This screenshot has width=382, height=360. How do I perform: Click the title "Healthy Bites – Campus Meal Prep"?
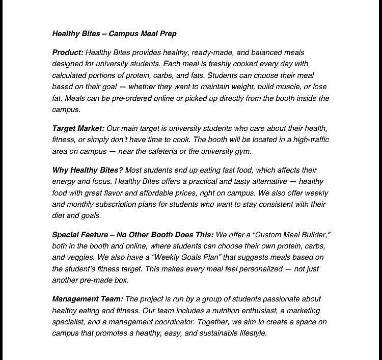[114, 34]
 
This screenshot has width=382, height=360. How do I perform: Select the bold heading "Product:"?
[68, 52]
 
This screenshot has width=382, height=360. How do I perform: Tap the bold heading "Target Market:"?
[78, 128]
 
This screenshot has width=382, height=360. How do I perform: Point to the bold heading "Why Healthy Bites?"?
[87, 170]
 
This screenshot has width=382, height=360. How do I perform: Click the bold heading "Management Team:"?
[87, 299]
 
